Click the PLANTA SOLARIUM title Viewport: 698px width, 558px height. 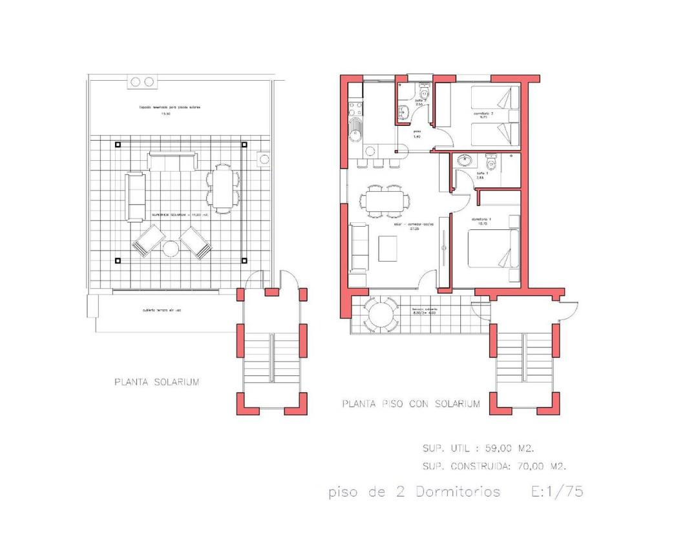[157, 382]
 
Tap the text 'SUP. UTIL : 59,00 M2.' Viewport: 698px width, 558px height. [478, 448]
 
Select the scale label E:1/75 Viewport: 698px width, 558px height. [557, 491]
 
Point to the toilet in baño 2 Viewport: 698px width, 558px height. [424, 87]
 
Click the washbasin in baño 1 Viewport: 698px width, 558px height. [464, 160]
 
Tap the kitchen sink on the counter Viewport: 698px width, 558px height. [355, 128]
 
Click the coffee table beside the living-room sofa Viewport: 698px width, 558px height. [388, 247]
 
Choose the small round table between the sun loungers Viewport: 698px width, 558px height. [171, 249]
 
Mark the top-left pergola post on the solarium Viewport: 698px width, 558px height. [117, 144]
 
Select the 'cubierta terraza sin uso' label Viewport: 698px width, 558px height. [162, 311]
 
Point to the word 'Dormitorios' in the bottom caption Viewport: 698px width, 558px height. [458, 492]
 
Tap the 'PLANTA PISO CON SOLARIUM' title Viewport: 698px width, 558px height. [411, 404]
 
